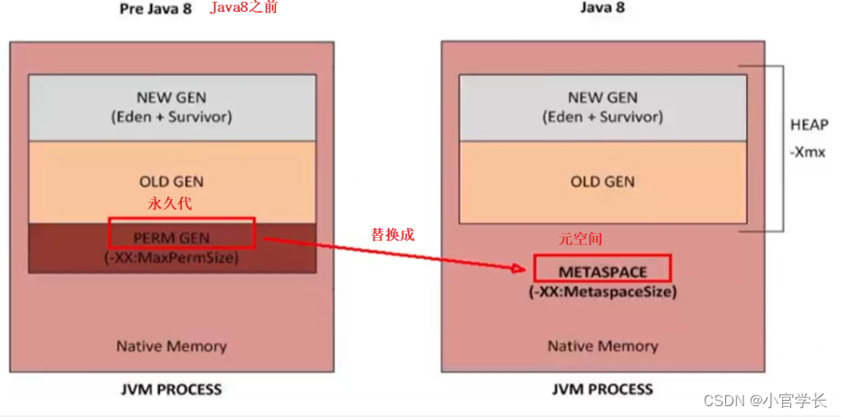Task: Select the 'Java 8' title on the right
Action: (602, 8)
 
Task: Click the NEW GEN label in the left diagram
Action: (171, 97)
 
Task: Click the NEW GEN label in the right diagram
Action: (602, 98)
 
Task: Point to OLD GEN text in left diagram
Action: (171, 182)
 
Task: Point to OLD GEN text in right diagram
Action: (602, 182)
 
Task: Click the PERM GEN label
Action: (171, 238)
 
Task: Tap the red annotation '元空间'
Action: (580, 240)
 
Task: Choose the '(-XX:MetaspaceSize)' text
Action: (602, 291)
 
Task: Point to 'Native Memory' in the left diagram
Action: (171, 346)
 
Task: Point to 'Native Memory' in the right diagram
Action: (602, 346)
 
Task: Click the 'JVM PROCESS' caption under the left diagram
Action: (171, 390)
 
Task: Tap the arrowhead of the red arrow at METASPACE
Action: (524, 269)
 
